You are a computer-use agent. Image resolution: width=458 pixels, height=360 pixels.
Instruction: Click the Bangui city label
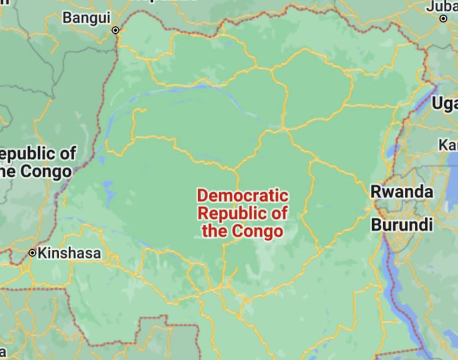click(86, 18)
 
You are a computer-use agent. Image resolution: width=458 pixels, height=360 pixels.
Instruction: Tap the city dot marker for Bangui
click(116, 30)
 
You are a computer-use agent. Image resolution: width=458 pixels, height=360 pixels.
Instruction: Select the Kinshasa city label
click(69, 254)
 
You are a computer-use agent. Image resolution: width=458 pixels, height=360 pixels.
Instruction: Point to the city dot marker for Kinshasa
click(33, 253)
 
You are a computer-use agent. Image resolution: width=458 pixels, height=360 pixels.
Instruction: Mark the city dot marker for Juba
click(444, 19)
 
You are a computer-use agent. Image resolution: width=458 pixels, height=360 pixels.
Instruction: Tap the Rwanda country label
click(402, 192)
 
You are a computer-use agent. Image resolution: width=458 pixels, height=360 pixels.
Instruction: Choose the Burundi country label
click(402, 225)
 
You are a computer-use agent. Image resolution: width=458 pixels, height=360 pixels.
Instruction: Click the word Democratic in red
click(243, 196)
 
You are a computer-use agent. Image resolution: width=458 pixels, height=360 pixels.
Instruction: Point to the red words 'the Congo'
click(243, 230)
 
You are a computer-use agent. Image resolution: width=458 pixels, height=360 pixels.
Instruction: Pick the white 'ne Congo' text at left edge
click(36, 171)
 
